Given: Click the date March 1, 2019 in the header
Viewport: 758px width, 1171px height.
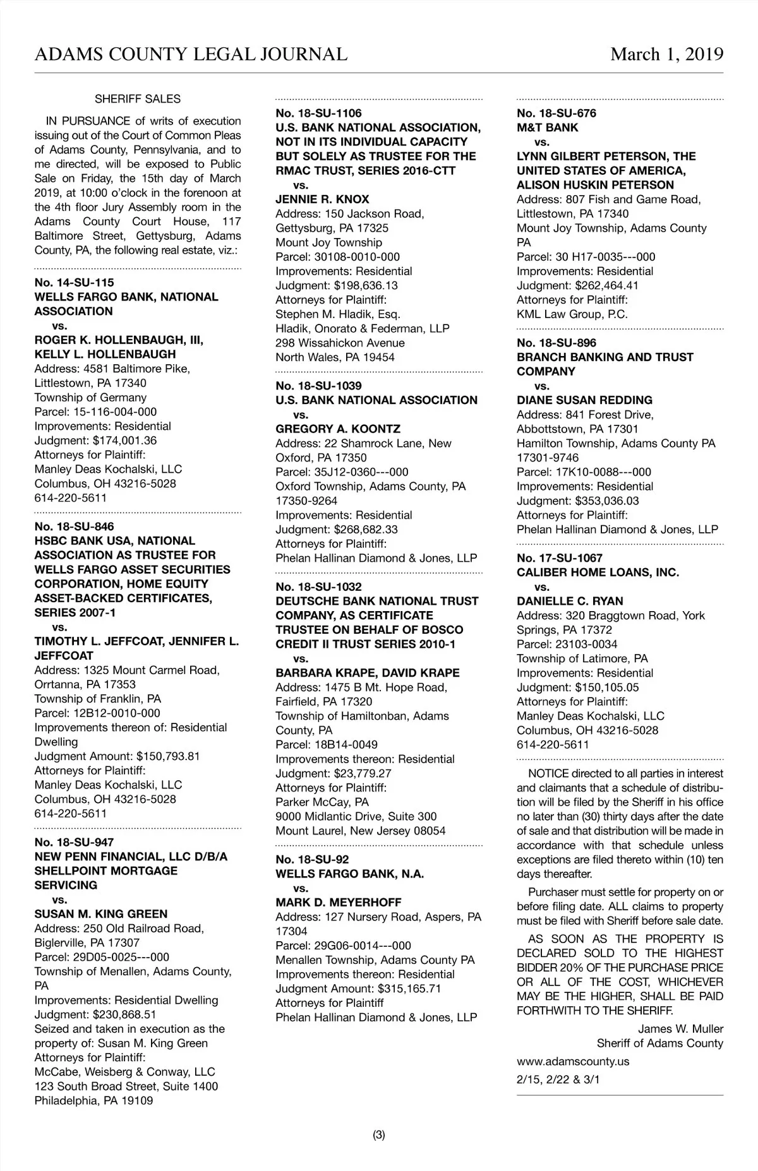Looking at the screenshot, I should pos(666,54).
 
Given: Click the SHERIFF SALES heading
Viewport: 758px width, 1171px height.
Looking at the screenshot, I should pos(138,99).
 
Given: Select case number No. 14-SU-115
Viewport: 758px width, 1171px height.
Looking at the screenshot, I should pos(75,283).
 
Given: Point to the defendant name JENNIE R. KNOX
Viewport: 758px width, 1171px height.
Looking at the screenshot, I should pos(322,199).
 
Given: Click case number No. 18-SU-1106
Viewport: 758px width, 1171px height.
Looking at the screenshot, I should pos(318,114).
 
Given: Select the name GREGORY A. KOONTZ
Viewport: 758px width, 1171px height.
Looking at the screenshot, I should pos(338,429).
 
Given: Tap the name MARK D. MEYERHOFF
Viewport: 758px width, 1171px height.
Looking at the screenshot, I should pos(339,903).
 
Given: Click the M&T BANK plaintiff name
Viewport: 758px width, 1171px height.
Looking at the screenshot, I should pos(547,128).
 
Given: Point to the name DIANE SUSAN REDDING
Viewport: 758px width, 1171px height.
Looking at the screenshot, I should pos(584,400).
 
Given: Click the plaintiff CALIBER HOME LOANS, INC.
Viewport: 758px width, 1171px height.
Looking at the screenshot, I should pos(598,573).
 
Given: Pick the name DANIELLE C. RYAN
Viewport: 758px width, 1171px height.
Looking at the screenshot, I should pos(570,601).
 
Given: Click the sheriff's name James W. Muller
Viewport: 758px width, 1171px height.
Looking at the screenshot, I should pos(680,1029).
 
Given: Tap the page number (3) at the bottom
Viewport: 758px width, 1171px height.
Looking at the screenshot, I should pos(379,1135).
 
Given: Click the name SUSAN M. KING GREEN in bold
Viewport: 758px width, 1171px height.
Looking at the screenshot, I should pos(101,914).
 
